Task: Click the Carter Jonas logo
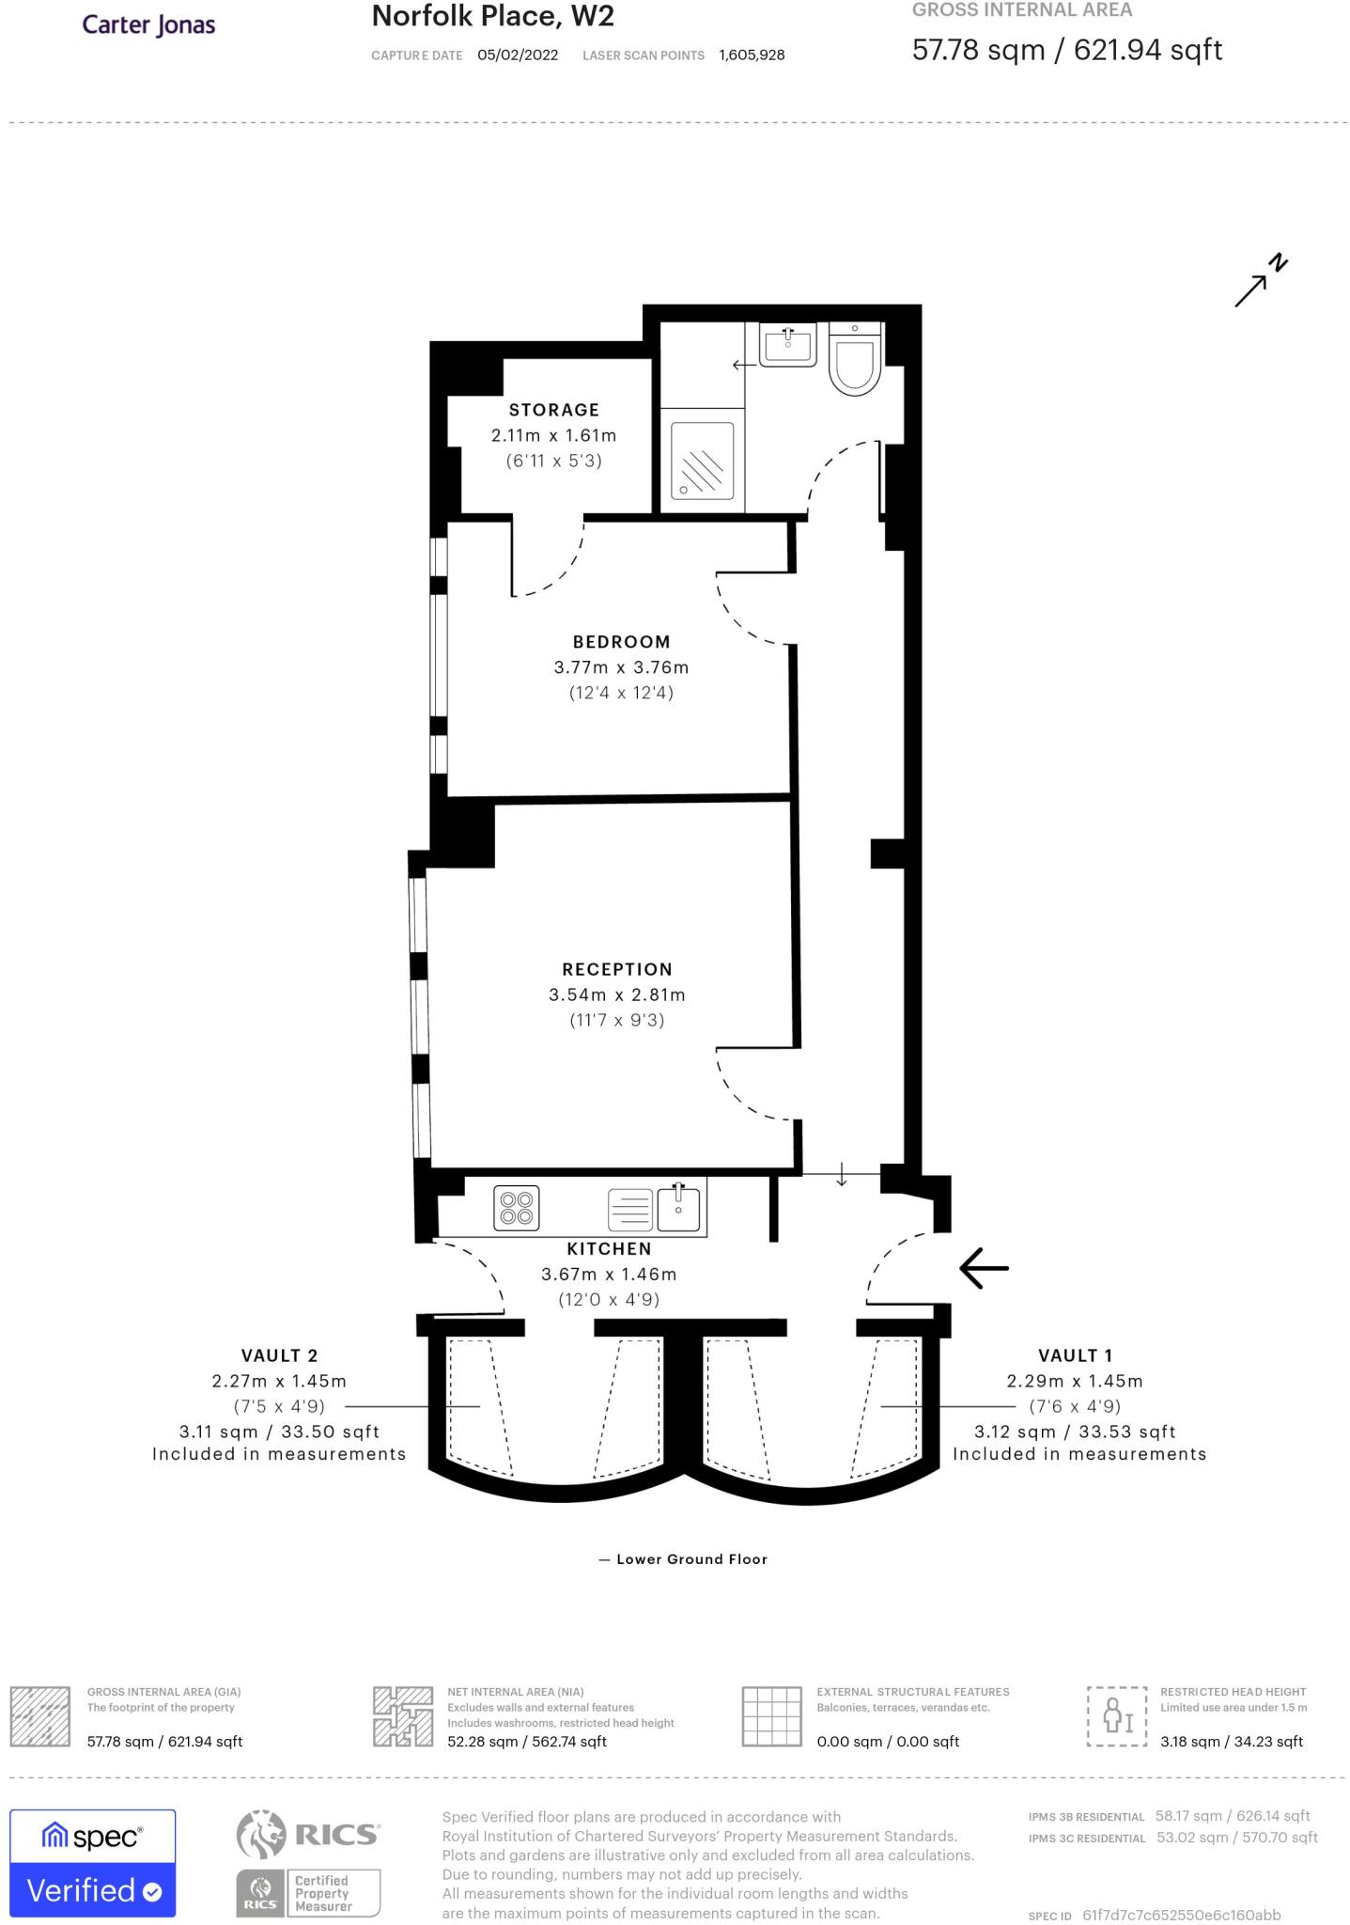[148, 24]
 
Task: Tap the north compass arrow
[1260, 281]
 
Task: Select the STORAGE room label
[554, 410]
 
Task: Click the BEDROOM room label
[622, 642]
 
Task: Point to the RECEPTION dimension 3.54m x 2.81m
[617, 994]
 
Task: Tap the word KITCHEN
[609, 1248]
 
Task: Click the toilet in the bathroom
[855, 358]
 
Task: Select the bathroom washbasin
[788, 345]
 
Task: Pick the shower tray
[702, 461]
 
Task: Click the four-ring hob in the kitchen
[517, 1208]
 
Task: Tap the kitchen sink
[678, 1208]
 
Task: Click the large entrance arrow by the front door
[984, 1268]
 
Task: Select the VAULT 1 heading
[1075, 1355]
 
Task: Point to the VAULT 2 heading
[280, 1355]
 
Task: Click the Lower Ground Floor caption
[683, 1559]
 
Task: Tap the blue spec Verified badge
[93, 1863]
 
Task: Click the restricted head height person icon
[1117, 1716]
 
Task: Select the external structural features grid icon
[772, 1716]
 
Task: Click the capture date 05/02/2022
[518, 55]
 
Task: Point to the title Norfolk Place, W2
[493, 16]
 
